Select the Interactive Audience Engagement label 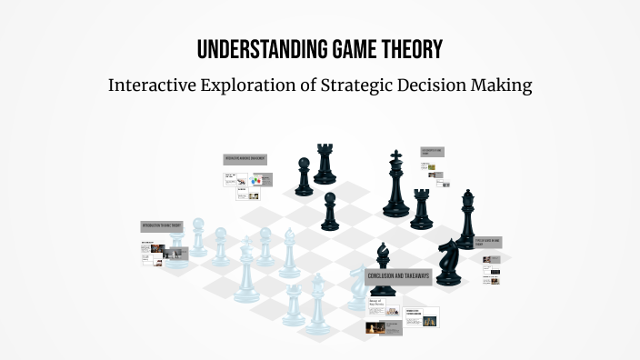point(246,159)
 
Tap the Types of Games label point(488,241)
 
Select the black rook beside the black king point(421,209)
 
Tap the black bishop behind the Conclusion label point(384,255)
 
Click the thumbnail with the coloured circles point(256,180)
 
